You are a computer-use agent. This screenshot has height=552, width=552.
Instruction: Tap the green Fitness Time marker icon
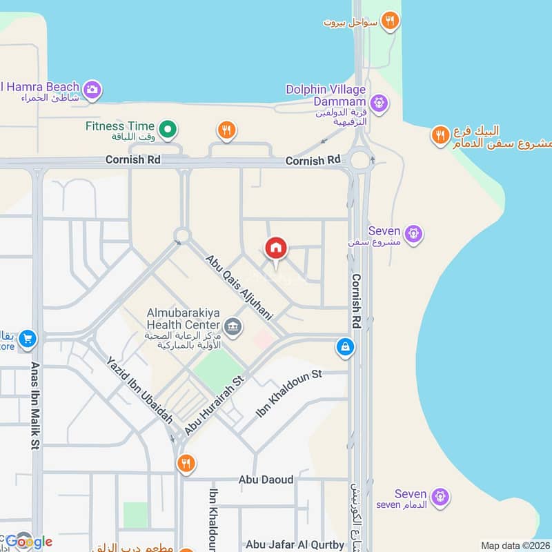[x=167, y=128]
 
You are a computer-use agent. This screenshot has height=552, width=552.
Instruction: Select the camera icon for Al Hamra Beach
[x=92, y=89]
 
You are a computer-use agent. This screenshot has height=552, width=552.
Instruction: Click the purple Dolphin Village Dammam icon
[x=378, y=104]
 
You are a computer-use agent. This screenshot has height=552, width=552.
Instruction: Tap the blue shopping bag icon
[x=345, y=347]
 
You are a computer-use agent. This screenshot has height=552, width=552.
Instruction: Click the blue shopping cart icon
[x=28, y=338]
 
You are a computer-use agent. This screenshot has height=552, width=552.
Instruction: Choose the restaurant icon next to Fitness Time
[x=226, y=129]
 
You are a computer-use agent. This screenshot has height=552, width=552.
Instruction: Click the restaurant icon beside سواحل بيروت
[x=391, y=21]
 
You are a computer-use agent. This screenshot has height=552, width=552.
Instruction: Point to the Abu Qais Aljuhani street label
[x=239, y=287]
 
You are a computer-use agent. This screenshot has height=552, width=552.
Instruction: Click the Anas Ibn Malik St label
[x=34, y=406]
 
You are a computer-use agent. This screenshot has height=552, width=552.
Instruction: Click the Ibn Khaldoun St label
[x=289, y=393]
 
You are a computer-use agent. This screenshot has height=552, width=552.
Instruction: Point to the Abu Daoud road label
[x=266, y=480]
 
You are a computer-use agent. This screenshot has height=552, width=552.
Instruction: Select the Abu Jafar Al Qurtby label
[x=295, y=544]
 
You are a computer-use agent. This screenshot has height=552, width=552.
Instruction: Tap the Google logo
[x=28, y=542]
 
